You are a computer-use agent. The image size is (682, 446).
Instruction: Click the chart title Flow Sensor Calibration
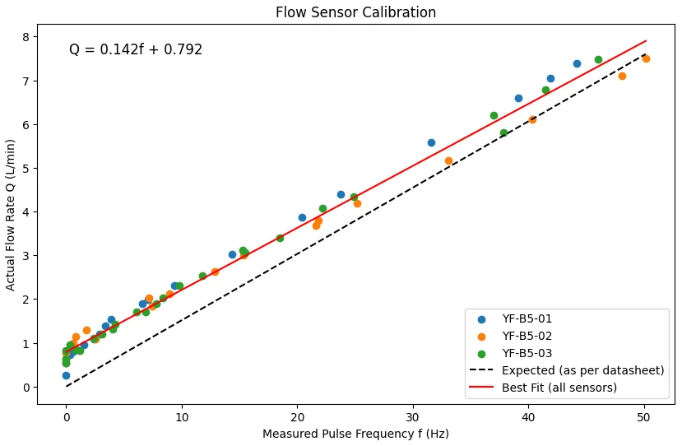pos(355,12)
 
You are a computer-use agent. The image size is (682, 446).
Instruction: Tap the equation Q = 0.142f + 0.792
pos(136,50)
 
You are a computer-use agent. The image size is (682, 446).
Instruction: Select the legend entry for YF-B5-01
pos(527,319)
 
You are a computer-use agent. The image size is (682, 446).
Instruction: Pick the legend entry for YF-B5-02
pos(527,337)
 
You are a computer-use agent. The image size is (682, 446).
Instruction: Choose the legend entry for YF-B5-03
pos(527,354)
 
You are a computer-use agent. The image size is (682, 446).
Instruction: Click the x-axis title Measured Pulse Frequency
pos(355,434)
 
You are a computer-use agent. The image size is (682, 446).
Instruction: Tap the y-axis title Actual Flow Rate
pos(11,214)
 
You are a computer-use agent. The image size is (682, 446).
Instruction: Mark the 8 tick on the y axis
pos(26,37)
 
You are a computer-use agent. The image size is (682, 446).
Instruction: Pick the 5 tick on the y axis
pos(26,169)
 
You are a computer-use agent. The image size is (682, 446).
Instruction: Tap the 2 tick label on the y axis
pos(26,300)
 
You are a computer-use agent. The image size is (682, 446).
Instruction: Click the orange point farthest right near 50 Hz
pos(646,58)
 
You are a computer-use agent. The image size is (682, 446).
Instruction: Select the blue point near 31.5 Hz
pos(431,142)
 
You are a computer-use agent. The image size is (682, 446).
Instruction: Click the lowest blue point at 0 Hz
pos(66,375)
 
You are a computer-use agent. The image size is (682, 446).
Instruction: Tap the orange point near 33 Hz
pos(448,160)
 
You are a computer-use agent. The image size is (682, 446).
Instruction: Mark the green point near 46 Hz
pos(598,59)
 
